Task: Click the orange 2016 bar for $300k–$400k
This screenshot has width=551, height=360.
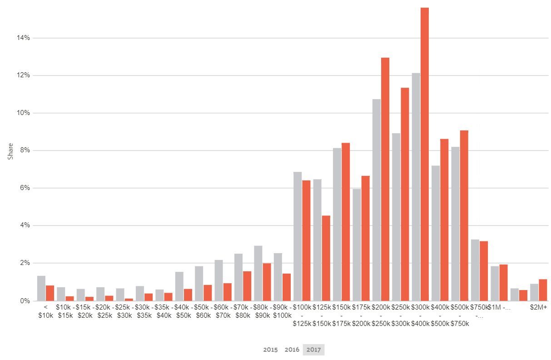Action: (424, 154)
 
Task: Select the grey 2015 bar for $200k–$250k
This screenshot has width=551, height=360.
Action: (376, 200)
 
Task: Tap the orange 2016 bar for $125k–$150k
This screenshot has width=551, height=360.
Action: (326, 258)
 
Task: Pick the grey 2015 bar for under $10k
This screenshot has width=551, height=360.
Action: (41, 288)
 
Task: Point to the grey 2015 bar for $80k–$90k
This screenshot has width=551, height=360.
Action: (258, 273)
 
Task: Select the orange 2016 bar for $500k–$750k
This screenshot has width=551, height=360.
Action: (464, 215)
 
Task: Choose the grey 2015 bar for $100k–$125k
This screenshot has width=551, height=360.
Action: (298, 236)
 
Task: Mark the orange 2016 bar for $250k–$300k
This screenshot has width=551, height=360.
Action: (405, 195)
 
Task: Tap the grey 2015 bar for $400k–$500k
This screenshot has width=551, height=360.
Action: (436, 233)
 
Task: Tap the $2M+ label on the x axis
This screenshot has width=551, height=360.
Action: (538, 308)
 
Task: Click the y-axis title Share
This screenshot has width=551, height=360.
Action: (10, 151)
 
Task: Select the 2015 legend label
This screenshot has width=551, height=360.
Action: (270, 350)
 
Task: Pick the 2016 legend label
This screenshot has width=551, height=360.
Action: (292, 350)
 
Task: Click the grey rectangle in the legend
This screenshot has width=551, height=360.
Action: (313, 350)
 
